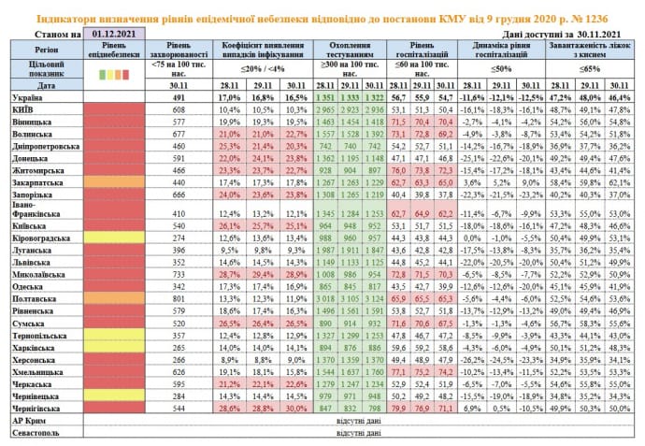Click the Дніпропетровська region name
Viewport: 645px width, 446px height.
(43, 146)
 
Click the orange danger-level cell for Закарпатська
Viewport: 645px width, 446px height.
(113, 182)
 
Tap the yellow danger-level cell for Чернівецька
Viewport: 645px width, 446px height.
(113, 396)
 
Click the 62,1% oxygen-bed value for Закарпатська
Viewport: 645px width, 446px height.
(618, 182)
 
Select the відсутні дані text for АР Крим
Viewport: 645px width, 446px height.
(359, 421)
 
